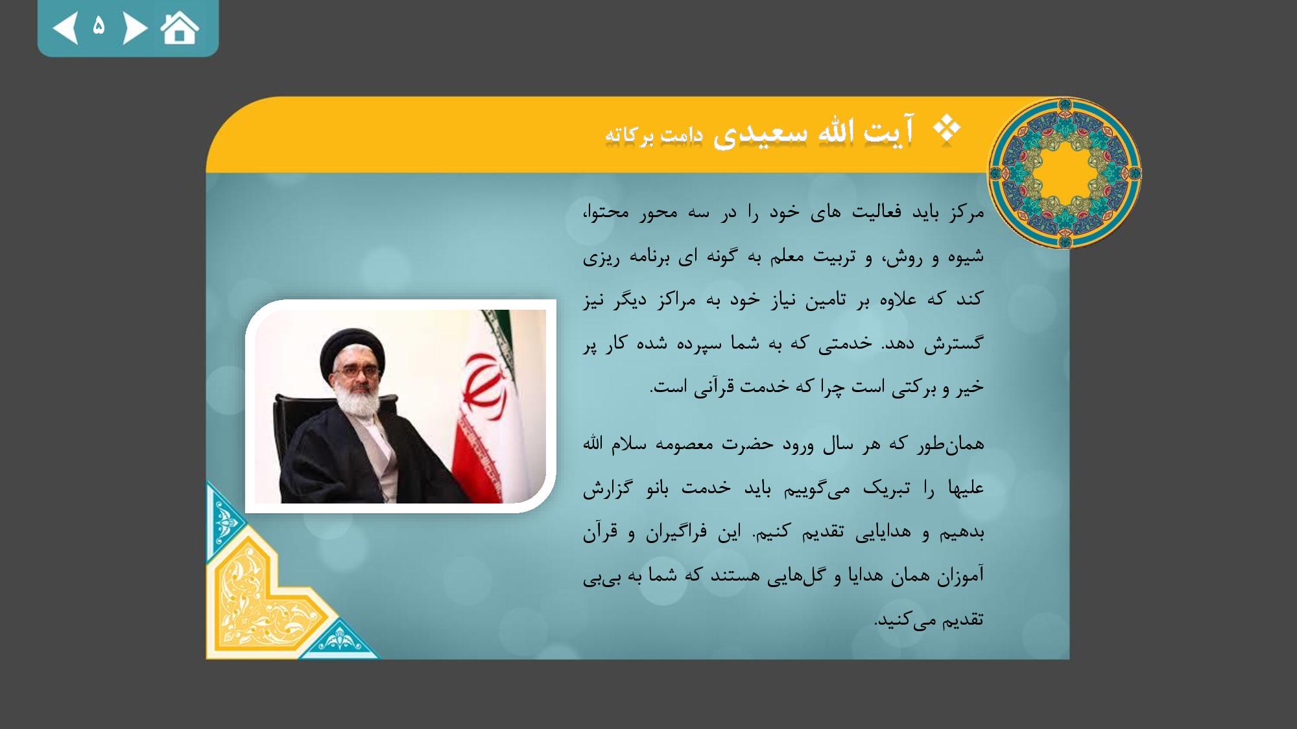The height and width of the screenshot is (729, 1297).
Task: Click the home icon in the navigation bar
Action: [x=180, y=28]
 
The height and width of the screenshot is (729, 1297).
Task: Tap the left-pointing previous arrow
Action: [x=65, y=29]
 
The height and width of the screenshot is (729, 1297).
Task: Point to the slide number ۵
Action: [x=99, y=26]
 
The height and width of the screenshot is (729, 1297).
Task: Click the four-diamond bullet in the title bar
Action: [x=947, y=129]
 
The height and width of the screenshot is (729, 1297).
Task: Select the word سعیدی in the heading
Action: [x=760, y=133]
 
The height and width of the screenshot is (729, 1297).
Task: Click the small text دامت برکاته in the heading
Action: [x=654, y=135]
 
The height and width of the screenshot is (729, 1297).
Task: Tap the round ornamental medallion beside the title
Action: [x=1064, y=173]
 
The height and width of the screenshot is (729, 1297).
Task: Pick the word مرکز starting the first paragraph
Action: [x=966, y=213]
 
